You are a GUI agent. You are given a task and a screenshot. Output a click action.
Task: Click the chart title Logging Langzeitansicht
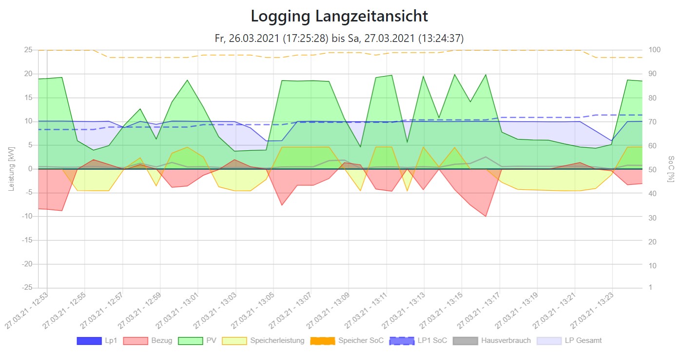tap(339, 17)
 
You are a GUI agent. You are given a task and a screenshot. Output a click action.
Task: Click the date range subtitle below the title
tap(339, 38)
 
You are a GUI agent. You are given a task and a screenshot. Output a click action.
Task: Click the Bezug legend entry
tap(148, 340)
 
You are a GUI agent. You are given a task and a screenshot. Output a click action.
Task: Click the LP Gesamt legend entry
tap(569, 340)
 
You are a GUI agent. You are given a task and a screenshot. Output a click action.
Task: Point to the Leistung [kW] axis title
tap(11, 169)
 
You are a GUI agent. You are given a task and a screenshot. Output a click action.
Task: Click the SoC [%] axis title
tap(671, 169)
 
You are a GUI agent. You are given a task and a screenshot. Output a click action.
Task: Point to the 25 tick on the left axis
tap(28, 50)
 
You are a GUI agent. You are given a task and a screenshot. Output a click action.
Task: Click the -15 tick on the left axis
tap(27, 240)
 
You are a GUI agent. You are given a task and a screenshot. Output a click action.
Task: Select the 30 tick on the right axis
tap(652, 218)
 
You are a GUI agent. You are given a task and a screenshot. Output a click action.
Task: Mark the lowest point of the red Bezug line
tap(486, 216)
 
